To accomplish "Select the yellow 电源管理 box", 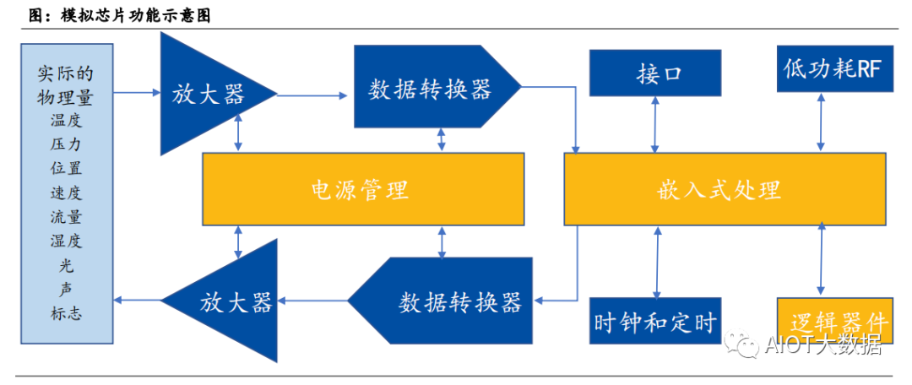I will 361,189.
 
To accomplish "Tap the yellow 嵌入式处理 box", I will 724,189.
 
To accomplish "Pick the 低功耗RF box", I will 833,69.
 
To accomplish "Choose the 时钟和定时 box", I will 654,321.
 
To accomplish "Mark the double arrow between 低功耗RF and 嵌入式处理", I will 819,122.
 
